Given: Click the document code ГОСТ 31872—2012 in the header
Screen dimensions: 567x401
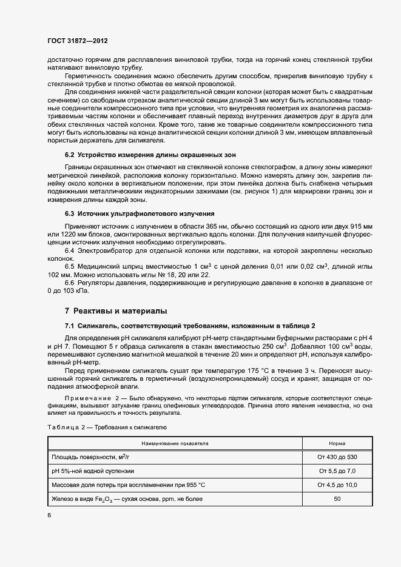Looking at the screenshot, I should tap(78, 41).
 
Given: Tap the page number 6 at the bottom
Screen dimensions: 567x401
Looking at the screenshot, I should tap(49, 515).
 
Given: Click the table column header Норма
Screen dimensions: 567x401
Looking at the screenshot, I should tap(337, 443).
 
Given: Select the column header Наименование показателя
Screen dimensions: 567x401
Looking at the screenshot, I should tap(175, 443).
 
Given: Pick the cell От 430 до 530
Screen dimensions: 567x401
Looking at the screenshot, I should tap(337, 457).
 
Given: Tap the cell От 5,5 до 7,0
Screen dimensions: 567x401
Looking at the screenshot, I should tap(337, 471).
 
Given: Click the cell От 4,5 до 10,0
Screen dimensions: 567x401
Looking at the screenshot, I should tap(337, 485).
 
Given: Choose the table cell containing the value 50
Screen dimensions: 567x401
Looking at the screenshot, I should tap(337, 498).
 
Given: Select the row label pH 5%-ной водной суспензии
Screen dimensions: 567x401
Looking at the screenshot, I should tap(93, 471).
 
